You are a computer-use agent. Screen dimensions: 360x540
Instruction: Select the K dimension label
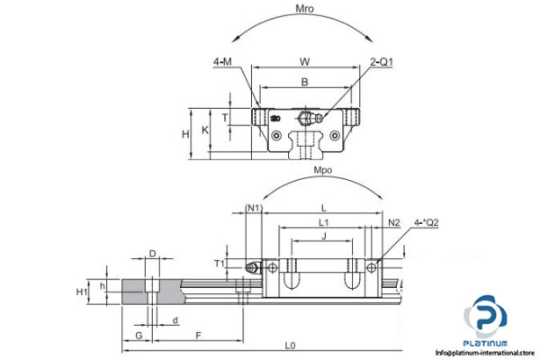206,130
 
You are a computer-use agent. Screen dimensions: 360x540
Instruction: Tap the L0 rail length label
289,346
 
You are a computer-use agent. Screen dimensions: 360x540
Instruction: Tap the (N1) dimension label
253,208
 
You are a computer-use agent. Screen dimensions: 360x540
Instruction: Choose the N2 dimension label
393,221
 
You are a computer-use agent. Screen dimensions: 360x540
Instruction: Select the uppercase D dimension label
152,255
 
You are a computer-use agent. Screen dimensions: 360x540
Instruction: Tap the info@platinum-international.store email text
487,353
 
